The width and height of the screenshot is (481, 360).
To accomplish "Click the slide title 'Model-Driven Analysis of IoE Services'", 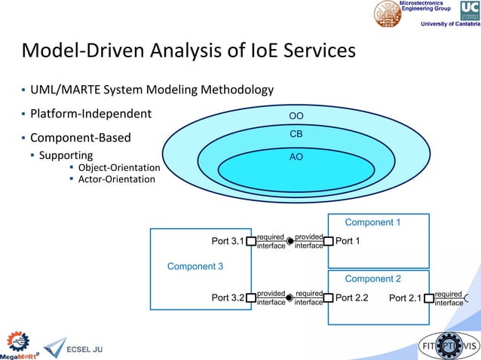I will pyautogui.click(x=188, y=52).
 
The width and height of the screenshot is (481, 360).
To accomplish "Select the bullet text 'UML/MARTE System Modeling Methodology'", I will pyautogui.click(x=152, y=90).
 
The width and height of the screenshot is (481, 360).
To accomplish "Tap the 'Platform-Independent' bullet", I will pyautogui.click(x=90, y=114).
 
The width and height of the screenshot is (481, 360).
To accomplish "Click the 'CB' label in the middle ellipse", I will pyautogui.click(x=296, y=134).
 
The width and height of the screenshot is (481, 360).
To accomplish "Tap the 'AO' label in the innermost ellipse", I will pyautogui.click(x=296, y=158).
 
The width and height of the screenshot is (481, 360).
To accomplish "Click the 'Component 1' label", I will pyautogui.click(x=372, y=223).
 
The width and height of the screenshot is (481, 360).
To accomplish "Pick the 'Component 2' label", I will pyautogui.click(x=372, y=279).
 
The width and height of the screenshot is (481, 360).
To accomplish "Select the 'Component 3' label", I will pyautogui.click(x=195, y=267).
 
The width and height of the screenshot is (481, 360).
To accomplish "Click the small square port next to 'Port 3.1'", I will pyautogui.click(x=251, y=242).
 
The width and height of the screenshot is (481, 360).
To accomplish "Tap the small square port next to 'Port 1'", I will pyautogui.click(x=328, y=242).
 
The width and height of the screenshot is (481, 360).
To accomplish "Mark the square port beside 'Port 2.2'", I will pyautogui.click(x=328, y=297).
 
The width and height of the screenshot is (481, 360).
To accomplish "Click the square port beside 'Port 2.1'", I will pyautogui.click(x=429, y=297).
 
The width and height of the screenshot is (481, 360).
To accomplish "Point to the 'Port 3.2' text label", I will pyautogui.click(x=228, y=298).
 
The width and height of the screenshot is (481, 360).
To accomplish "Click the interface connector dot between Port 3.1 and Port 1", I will pyautogui.click(x=290, y=242).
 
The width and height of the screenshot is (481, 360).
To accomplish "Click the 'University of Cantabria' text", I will pyautogui.click(x=449, y=24).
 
